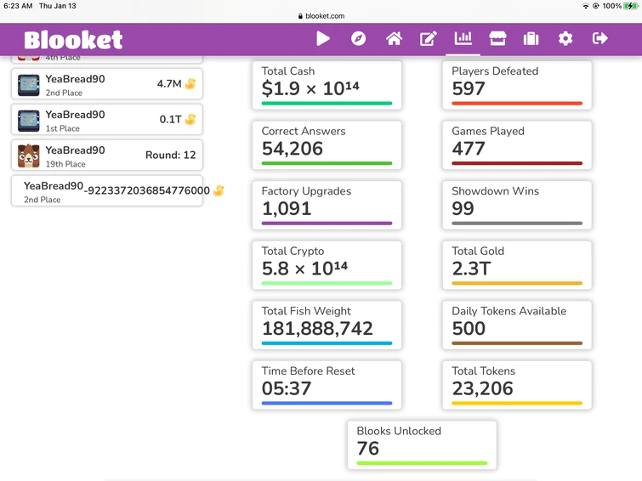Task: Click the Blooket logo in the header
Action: pyautogui.click(x=73, y=39)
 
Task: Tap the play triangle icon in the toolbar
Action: pyautogui.click(x=323, y=38)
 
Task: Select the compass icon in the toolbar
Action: pyautogui.click(x=358, y=38)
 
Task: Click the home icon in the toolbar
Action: pyautogui.click(x=394, y=38)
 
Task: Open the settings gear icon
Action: pyautogui.click(x=565, y=38)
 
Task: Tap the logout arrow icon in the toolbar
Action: pyautogui.click(x=599, y=38)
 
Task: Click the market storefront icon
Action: pyautogui.click(x=497, y=38)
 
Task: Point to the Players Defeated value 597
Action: pyautogui.click(x=469, y=88)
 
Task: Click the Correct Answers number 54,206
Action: pyautogui.click(x=292, y=149)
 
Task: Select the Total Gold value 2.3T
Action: pyautogui.click(x=471, y=269)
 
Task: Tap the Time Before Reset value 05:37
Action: pyautogui.click(x=287, y=388)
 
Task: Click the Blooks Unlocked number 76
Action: pyautogui.click(x=368, y=448)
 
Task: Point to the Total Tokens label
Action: pyautogui.click(x=483, y=371)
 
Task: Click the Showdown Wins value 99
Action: pyautogui.click(x=463, y=208)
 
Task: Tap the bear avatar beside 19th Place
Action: pyautogui.click(x=29, y=156)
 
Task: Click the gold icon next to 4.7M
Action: pyautogui.click(x=190, y=84)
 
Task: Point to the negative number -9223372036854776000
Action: pyautogui.click(x=148, y=190)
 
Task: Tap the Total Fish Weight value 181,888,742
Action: pyautogui.click(x=317, y=329)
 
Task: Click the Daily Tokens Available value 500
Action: pyautogui.click(x=469, y=329)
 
